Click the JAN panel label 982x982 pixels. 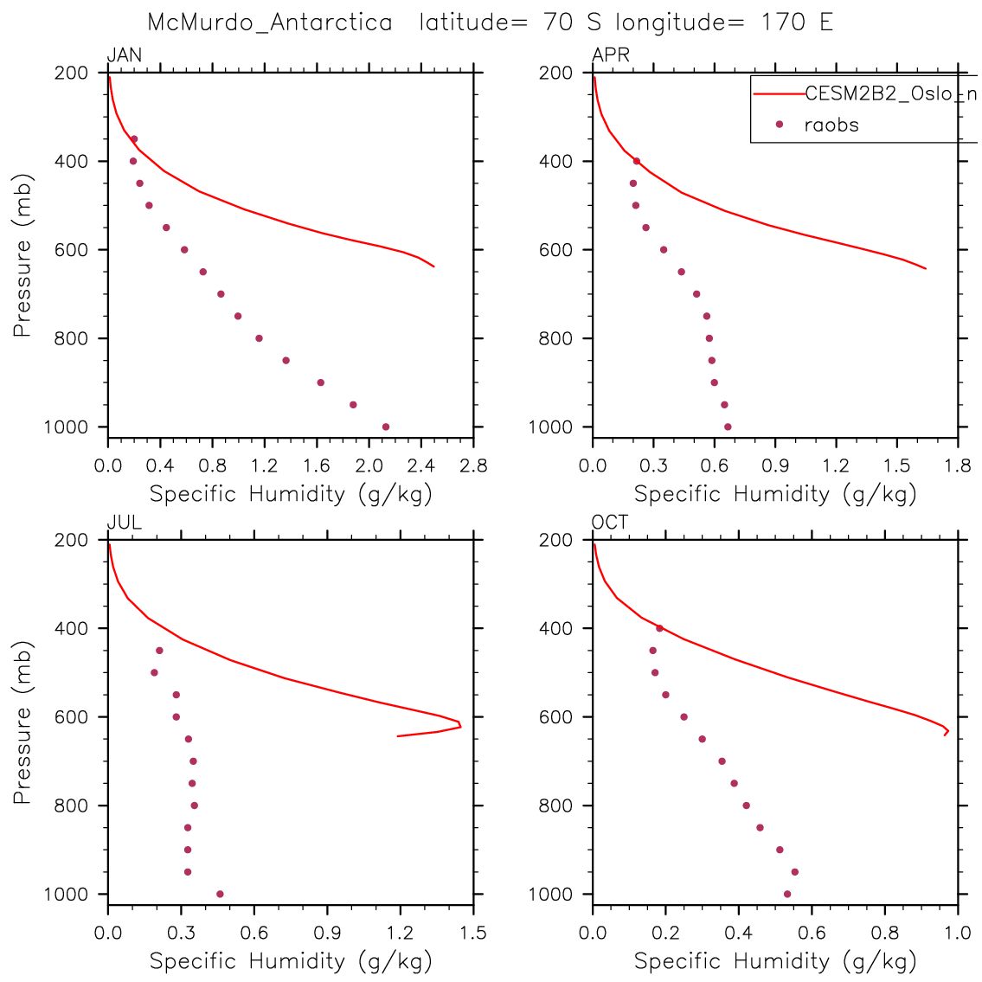(x=125, y=56)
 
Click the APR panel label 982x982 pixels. (x=611, y=56)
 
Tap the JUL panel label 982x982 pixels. (x=125, y=523)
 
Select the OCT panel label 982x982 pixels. (x=610, y=523)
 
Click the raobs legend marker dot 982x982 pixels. (x=779, y=125)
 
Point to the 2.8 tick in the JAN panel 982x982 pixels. (x=474, y=466)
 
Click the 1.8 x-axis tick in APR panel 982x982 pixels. (x=958, y=466)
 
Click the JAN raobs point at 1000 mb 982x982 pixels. (x=386, y=427)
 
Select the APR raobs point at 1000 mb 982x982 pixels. (x=728, y=427)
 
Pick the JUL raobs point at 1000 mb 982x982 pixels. (x=220, y=894)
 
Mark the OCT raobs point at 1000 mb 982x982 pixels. (x=787, y=894)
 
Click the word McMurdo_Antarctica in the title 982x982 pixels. (x=270, y=22)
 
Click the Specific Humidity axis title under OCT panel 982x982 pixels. (x=775, y=960)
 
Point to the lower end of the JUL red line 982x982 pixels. (x=398, y=736)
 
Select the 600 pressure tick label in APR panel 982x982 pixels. (x=556, y=250)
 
